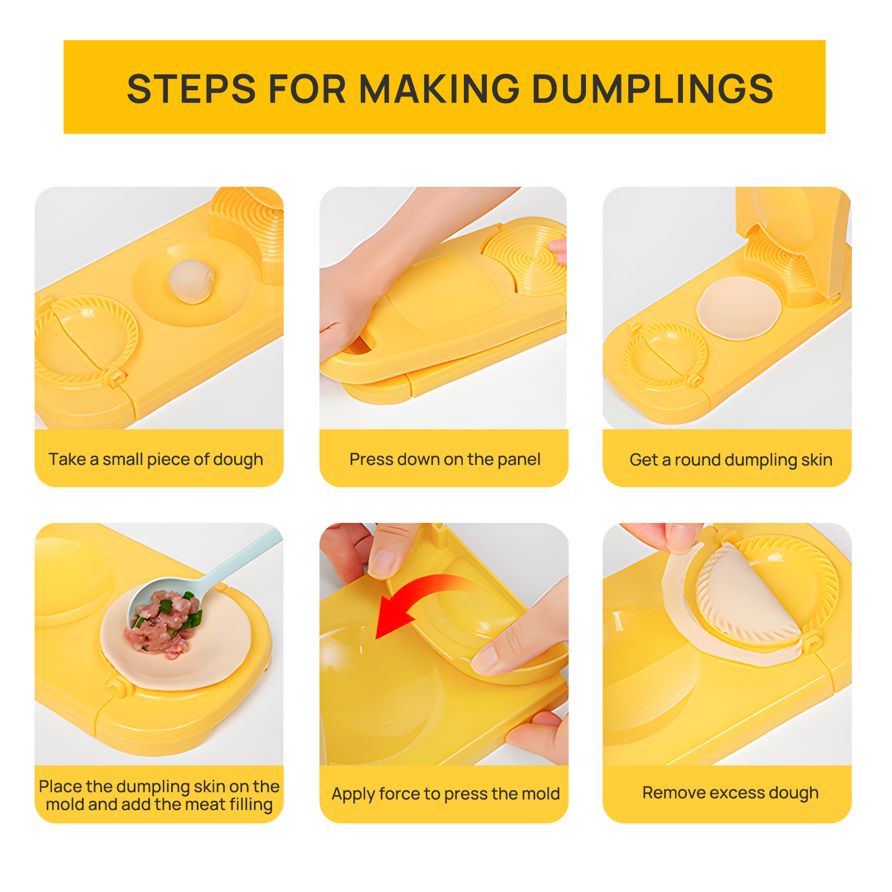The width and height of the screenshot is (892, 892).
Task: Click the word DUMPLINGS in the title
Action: (x=653, y=89)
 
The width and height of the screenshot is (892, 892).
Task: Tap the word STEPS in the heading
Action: (x=191, y=89)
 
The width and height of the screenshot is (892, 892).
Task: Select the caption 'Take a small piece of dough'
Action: (x=156, y=459)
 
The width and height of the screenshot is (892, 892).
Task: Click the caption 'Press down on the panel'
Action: (x=445, y=459)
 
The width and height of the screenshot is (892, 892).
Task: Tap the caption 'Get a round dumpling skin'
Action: (x=731, y=460)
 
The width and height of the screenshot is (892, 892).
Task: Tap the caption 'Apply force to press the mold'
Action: (x=445, y=794)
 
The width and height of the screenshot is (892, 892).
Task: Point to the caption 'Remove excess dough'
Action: (x=730, y=793)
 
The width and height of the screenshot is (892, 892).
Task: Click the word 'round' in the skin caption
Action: (x=698, y=460)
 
